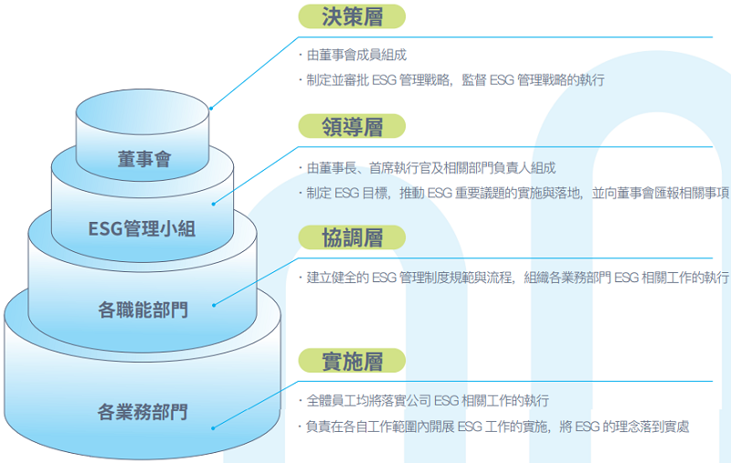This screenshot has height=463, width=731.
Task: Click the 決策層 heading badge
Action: [352, 16]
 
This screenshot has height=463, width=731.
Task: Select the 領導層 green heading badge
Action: [352, 126]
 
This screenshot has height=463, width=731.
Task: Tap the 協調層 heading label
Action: [352, 237]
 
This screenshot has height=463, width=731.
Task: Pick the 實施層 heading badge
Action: [352, 361]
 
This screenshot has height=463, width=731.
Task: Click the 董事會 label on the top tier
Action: [144, 159]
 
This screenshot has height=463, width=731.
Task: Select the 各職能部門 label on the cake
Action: [143, 310]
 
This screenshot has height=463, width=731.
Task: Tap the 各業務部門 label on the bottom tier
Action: [143, 412]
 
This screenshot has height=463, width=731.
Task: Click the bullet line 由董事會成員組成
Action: [356, 56]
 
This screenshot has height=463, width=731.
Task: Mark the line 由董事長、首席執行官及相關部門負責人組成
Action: [430, 168]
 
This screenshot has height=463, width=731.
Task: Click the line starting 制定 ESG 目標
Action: [516, 193]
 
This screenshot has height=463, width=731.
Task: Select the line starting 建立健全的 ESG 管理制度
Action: [516, 278]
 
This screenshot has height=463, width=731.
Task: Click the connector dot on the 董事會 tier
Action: [211, 109]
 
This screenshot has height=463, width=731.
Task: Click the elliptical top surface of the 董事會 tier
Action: [143, 109]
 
